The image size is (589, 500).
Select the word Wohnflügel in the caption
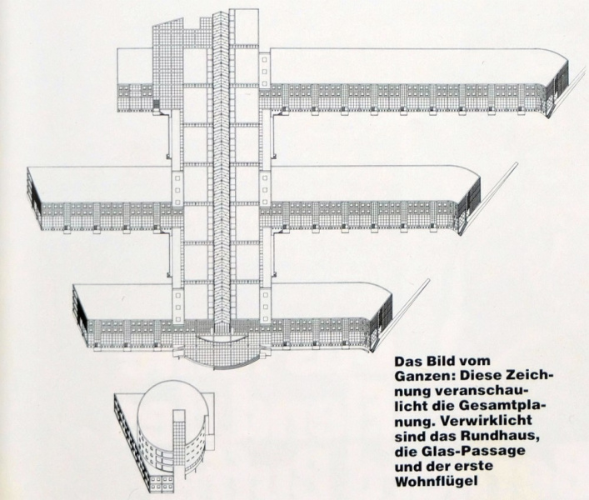click(437, 481)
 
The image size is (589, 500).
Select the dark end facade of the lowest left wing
click(80, 309)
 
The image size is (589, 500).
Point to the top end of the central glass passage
click(220, 15)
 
